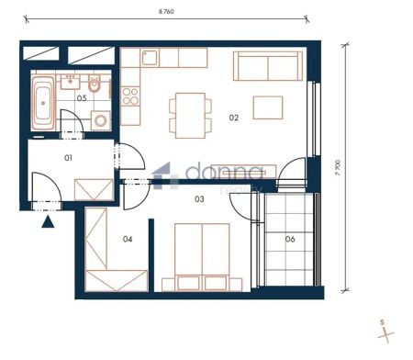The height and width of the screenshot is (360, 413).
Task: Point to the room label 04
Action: point(128,240)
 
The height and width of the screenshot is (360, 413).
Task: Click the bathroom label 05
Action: point(82,98)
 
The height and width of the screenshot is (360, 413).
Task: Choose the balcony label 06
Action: point(290,240)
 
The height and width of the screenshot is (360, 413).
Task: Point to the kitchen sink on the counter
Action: point(151,59)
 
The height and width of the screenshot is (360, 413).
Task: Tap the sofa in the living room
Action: point(267,65)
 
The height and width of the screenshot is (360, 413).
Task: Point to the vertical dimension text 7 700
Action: point(340,168)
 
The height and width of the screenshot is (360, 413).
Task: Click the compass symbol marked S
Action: point(381,328)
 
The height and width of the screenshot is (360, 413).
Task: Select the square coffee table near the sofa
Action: point(268,107)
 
